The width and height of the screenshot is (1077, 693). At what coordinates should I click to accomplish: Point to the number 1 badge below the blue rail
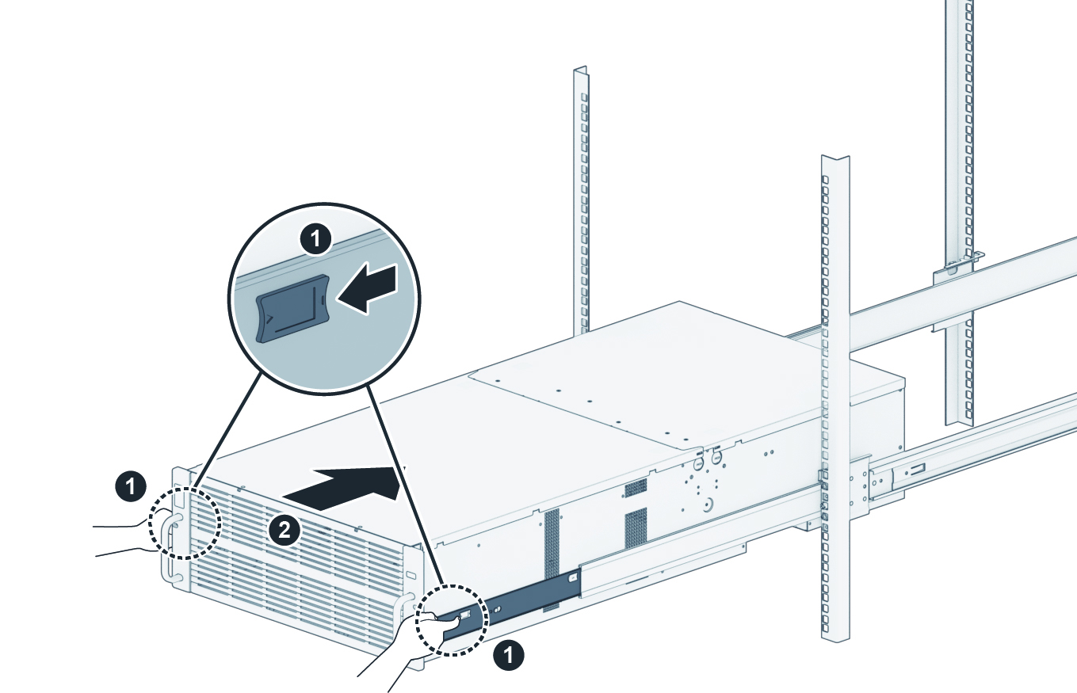(507, 655)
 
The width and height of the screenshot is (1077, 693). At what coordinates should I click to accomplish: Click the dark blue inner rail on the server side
(523, 598)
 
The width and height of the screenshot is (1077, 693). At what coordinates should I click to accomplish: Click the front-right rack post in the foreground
(834, 396)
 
